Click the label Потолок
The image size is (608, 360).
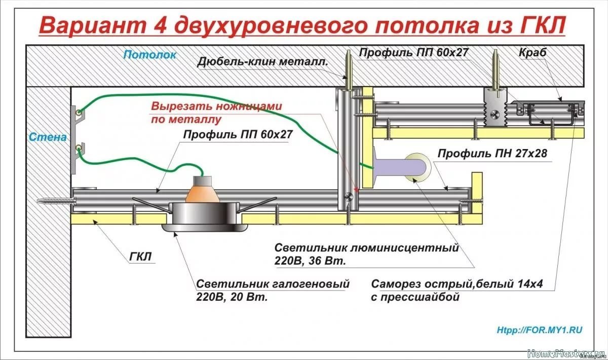(150, 55)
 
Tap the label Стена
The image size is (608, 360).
(48, 137)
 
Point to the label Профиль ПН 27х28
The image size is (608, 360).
(492, 153)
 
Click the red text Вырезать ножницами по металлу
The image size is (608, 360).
(216, 113)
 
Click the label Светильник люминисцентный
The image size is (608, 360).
(366, 248)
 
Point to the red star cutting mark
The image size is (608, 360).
(357, 190)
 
